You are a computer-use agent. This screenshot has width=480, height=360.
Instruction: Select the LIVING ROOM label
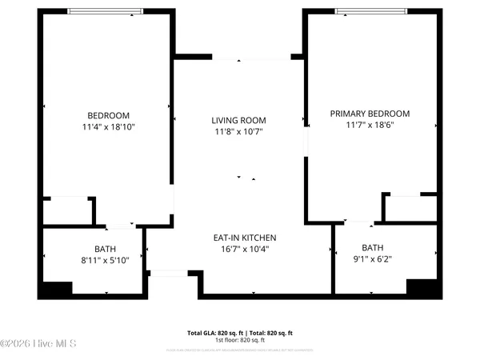click(238, 120)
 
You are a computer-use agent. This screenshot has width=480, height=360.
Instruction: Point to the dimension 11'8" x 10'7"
click(238, 131)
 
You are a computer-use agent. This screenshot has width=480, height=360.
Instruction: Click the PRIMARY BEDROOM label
click(370, 114)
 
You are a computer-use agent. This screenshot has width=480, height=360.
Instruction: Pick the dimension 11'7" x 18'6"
click(370, 126)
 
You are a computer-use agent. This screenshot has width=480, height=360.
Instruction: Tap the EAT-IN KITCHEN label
click(244, 238)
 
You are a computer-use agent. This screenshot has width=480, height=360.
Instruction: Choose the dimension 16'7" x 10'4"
click(244, 250)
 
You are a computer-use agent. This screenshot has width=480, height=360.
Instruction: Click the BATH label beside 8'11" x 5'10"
click(105, 249)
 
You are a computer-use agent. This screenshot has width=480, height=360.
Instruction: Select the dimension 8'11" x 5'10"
click(105, 260)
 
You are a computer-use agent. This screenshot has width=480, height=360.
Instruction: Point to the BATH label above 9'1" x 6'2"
click(372, 248)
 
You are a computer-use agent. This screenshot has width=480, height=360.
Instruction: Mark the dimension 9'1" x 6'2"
click(372, 259)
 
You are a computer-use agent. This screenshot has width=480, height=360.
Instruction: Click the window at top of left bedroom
click(106, 11)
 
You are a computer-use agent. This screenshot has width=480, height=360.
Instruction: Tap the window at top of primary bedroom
click(371, 11)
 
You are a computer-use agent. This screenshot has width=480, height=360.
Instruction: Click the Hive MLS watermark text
click(38, 344)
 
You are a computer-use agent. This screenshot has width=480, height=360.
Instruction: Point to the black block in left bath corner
click(56, 289)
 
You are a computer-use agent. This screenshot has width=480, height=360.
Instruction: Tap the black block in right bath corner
click(422, 287)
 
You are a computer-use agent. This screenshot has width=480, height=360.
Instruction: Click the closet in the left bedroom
click(67, 211)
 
